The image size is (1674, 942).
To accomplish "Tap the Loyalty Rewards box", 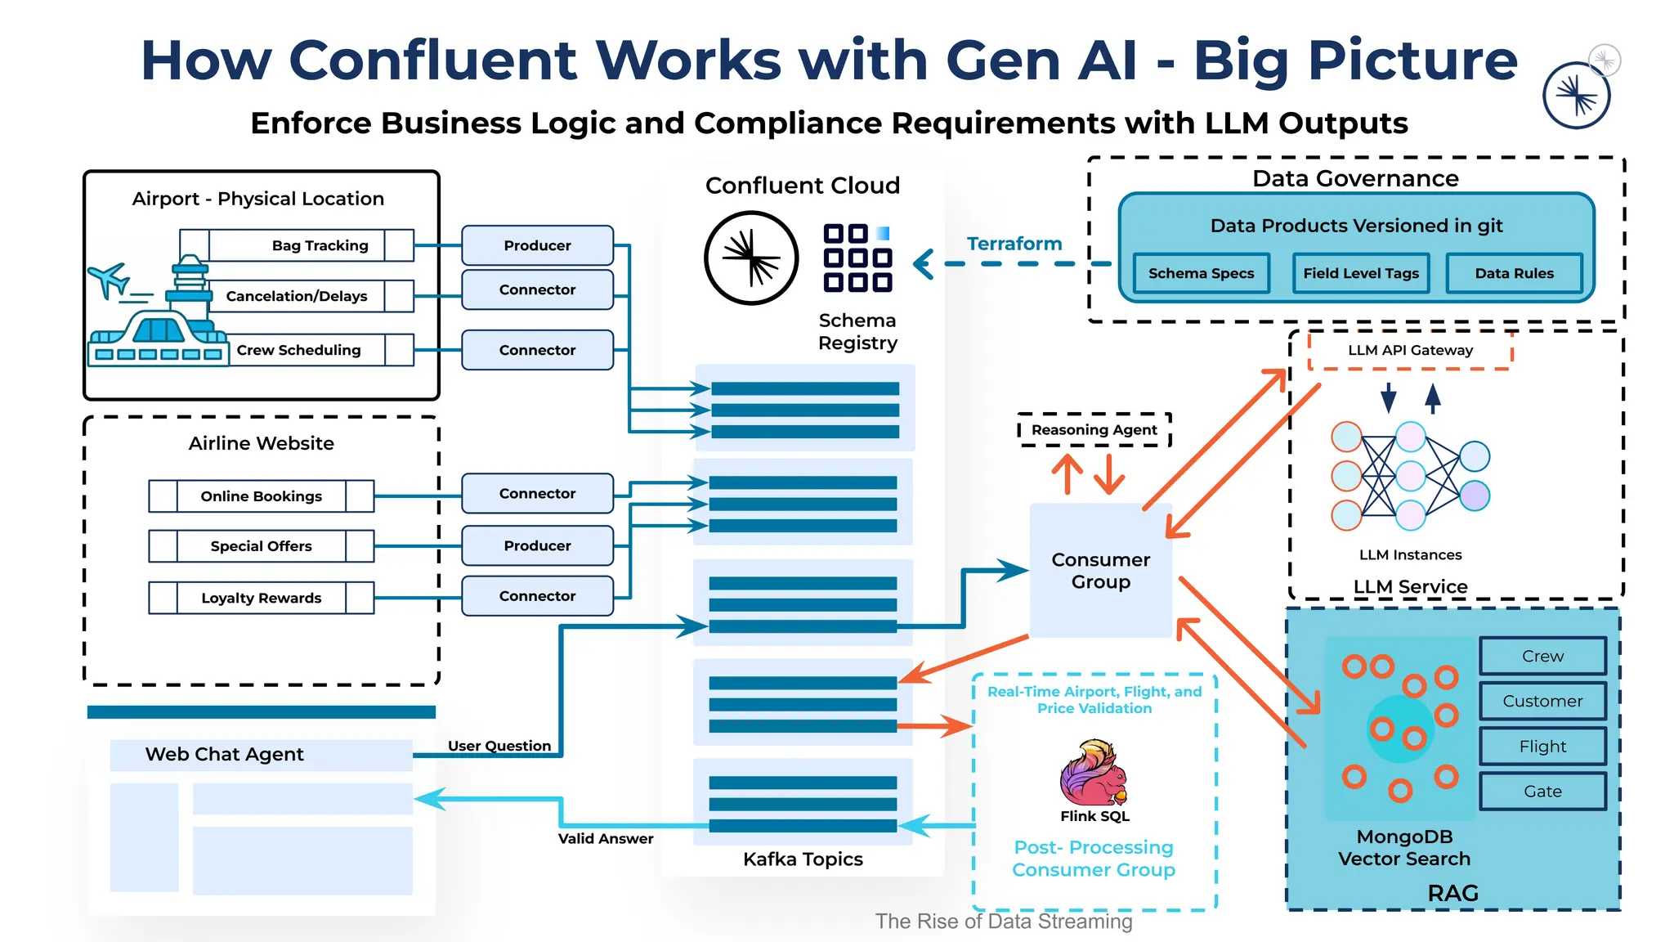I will point(262,598).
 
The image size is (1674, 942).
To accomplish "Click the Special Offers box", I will point(262,546).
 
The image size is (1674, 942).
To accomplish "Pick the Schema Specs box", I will point(1201,273).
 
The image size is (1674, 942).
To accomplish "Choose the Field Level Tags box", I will point(1361,273).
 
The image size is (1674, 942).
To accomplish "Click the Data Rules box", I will point(1514,273).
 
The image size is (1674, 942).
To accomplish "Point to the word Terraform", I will point(1014,244).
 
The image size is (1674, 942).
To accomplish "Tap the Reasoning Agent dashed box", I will point(1094,430).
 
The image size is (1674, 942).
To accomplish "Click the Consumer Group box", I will point(1100,571).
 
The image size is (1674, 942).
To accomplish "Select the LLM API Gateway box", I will point(1410,351).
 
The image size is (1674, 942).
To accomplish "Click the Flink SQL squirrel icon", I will point(1094,773).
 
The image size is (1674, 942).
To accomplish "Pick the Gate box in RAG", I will point(1542,792).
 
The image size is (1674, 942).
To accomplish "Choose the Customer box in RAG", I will point(1542,701).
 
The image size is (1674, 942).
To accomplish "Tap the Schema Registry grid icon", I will point(857,258).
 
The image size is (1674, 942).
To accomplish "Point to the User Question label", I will point(499,746).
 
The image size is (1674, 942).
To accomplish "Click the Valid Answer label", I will point(606,839).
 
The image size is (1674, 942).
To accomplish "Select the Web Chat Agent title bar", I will point(261,755).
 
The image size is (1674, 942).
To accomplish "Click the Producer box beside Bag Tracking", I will point(537,245).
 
